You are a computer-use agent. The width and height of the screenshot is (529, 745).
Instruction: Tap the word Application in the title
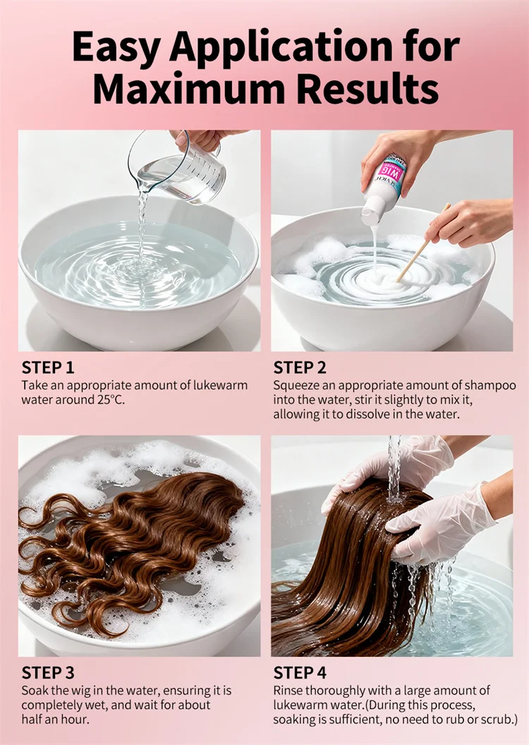pos(281,47)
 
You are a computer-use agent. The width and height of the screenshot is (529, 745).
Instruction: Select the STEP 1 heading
pos(48,368)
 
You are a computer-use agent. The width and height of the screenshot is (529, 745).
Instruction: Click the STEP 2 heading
pos(300,368)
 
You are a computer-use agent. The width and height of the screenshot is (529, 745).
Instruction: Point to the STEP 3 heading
pos(48,673)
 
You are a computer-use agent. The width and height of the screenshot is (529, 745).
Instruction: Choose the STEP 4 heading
pos(300,673)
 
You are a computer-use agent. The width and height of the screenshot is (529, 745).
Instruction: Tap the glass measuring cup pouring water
pos(178,170)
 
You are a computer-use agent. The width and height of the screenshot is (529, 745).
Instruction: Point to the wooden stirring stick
pos(424,242)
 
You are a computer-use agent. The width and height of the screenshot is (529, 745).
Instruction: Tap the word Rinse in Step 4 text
pos(288,691)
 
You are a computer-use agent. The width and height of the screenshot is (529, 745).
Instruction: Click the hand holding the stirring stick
pos(468,222)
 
